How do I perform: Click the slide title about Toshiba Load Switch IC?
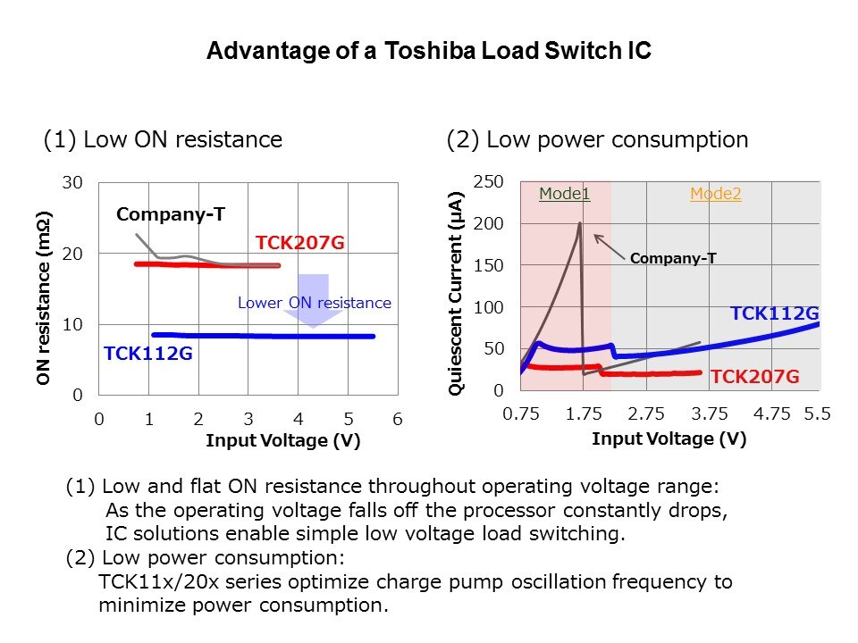pyautogui.click(x=429, y=51)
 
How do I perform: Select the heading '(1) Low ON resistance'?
pyautogui.click(x=163, y=139)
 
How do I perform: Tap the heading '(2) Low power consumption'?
pyautogui.click(x=596, y=139)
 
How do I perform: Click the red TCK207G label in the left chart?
pyautogui.click(x=299, y=243)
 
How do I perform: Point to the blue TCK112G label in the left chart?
pyautogui.click(x=148, y=354)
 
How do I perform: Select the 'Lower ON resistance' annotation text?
pyautogui.click(x=314, y=304)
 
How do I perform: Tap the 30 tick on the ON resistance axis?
pyautogui.click(x=72, y=183)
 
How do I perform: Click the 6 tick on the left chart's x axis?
pyautogui.click(x=398, y=419)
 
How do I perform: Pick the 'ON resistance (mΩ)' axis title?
pyautogui.click(x=44, y=298)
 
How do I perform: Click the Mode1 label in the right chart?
pyautogui.click(x=564, y=194)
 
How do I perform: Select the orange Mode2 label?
pyautogui.click(x=715, y=194)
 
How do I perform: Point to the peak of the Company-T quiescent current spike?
pyautogui.click(x=579, y=223)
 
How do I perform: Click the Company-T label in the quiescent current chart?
pyautogui.click(x=673, y=259)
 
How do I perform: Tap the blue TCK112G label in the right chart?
pyautogui.click(x=775, y=313)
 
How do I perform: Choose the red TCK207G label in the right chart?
pyautogui.click(x=754, y=377)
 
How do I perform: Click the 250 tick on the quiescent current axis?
pyautogui.click(x=487, y=182)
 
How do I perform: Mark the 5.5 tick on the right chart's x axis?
pyautogui.click(x=817, y=413)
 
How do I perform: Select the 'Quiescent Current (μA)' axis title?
pyautogui.click(x=457, y=292)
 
